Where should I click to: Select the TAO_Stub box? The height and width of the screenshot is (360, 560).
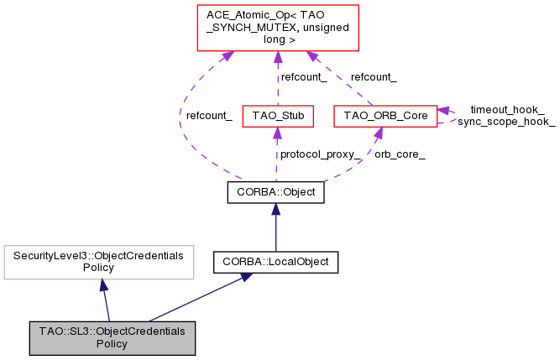coord(277,115)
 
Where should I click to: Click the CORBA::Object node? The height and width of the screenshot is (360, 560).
coord(275,191)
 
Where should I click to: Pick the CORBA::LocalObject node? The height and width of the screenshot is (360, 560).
coord(275,262)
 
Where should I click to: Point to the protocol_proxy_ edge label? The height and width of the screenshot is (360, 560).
coord(321,154)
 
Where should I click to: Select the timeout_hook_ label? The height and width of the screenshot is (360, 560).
coord(507,110)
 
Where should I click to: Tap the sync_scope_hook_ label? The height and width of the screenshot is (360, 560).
coord(506,122)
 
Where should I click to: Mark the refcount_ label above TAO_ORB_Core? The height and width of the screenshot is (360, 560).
coord(374,76)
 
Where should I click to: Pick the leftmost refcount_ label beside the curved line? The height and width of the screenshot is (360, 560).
coord(209,115)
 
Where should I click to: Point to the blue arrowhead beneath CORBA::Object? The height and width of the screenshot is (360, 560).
coord(275,209)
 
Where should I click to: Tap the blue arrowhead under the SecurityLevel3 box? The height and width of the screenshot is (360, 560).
coord(102,285)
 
